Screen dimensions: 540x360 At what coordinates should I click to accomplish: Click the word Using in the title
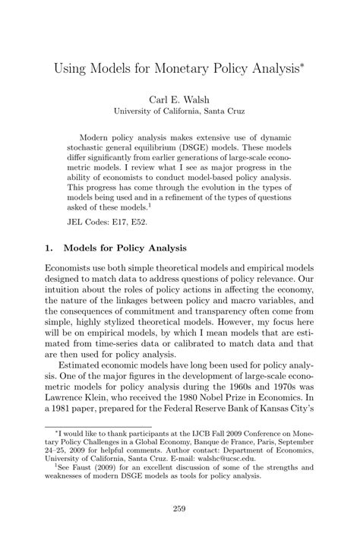pos(71,71)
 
